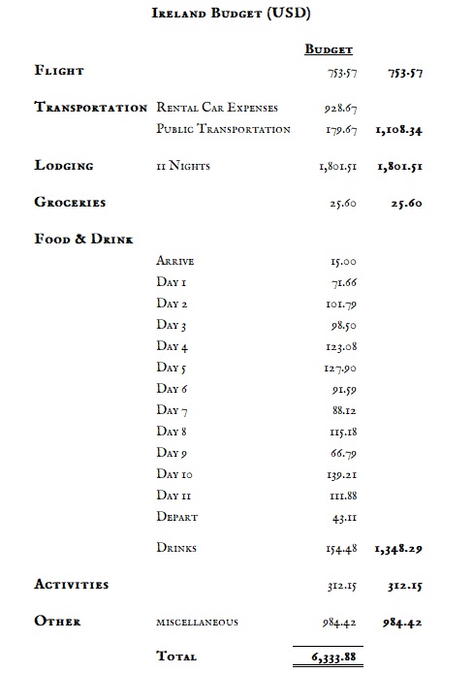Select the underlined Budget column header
pyautogui.click(x=329, y=48)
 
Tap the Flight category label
pyautogui.click(x=59, y=71)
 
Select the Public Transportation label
pyautogui.click(x=223, y=129)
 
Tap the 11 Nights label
pyautogui.click(x=182, y=166)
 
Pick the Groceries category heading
pyautogui.click(x=70, y=203)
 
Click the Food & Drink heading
pyautogui.click(x=83, y=239)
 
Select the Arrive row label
pyautogui.click(x=175, y=261)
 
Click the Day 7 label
pyautogui.click(x=173, y=409)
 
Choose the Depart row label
pyautogui.click(x=177, y=517)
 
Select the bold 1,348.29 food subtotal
pyautogui.click(x=399, y=549)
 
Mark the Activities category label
pyautogui.click(x=71, y=584)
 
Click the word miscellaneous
pyautogui.click(x=197, y=622)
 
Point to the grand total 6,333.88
pyautogui.click(x=330, y=657)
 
